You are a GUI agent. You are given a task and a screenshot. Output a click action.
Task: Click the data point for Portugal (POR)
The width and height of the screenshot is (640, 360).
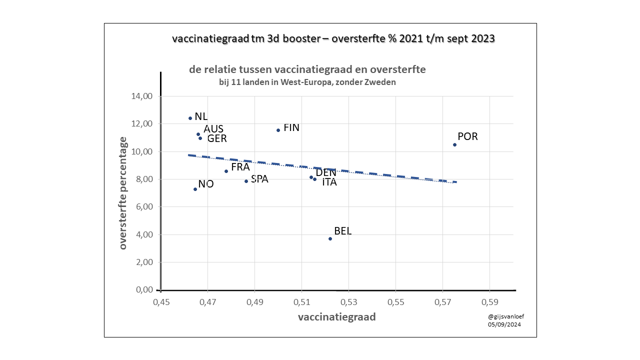(454, 144)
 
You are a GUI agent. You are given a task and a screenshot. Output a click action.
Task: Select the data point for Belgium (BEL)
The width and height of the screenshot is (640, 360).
(330, 238)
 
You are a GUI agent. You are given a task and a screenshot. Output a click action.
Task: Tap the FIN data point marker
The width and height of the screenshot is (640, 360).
(278, 130)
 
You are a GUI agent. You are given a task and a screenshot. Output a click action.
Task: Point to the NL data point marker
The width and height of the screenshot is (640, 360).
(190, 118)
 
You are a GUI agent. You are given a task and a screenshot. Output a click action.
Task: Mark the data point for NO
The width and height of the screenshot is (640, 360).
(195, 189)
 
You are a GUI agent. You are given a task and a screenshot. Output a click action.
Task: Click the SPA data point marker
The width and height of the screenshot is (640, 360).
(246, 181)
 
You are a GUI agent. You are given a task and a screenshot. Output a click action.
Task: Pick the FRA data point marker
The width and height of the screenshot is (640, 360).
(226, 171)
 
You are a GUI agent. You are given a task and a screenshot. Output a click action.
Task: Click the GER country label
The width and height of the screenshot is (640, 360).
(217, 138)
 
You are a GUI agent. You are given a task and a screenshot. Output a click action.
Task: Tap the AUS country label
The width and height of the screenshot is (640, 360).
(213, 129)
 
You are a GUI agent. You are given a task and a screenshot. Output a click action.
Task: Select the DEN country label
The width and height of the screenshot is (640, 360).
(326, 172)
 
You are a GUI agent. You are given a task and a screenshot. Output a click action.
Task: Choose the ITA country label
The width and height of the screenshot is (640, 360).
(329, 182)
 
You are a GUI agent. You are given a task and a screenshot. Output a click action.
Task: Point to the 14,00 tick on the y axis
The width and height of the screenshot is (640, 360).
(141, 96)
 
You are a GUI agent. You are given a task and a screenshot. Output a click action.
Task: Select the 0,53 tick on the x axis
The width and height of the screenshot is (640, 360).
(348, 302)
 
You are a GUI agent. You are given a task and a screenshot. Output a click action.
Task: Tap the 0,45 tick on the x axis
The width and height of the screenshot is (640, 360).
(160, 302)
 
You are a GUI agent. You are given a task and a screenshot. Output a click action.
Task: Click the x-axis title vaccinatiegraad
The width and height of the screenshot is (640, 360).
(336, 317)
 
